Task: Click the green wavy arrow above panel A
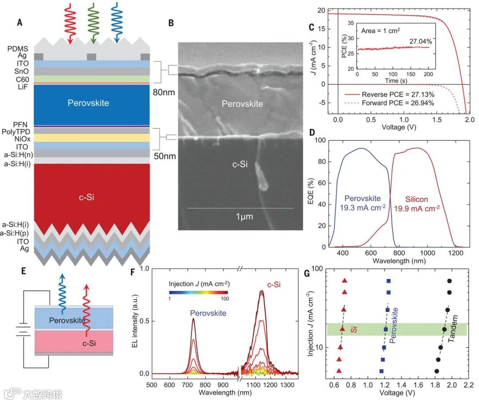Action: (x=94, y=22)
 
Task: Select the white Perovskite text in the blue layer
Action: (x=88, y=103)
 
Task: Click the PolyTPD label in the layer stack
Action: (x=16, y=132)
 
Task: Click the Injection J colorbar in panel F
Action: (x=199, y=292)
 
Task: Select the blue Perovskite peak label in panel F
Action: (x=208, y=313)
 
